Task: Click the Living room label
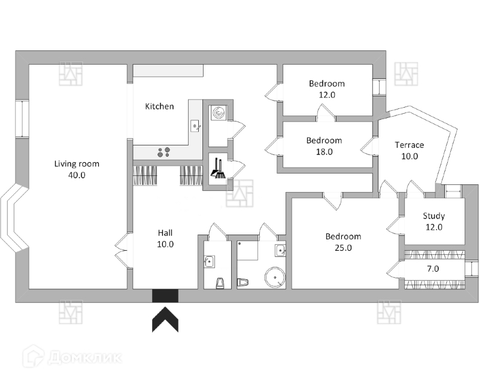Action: tap(77, 163)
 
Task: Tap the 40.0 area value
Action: tap(77, 175)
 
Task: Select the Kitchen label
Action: tap(160, 107)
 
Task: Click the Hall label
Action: tap(165, 232)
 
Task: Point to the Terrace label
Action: tap(410, 145)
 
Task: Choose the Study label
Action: tap(433, 216)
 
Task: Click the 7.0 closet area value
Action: tap(433, 269)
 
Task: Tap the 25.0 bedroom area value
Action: tap(343, 248)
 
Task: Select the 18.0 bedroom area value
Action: tap(324, 152)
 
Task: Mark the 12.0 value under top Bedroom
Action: tap(326, 95)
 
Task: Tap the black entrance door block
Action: tap(165, 296)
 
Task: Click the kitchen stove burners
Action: tap(163, 152)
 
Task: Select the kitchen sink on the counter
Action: tap(195, 126)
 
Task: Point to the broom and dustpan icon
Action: tap(217, 169)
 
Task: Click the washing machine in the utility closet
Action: tap(217, 113)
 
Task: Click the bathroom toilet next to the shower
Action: tap(242, 281)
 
